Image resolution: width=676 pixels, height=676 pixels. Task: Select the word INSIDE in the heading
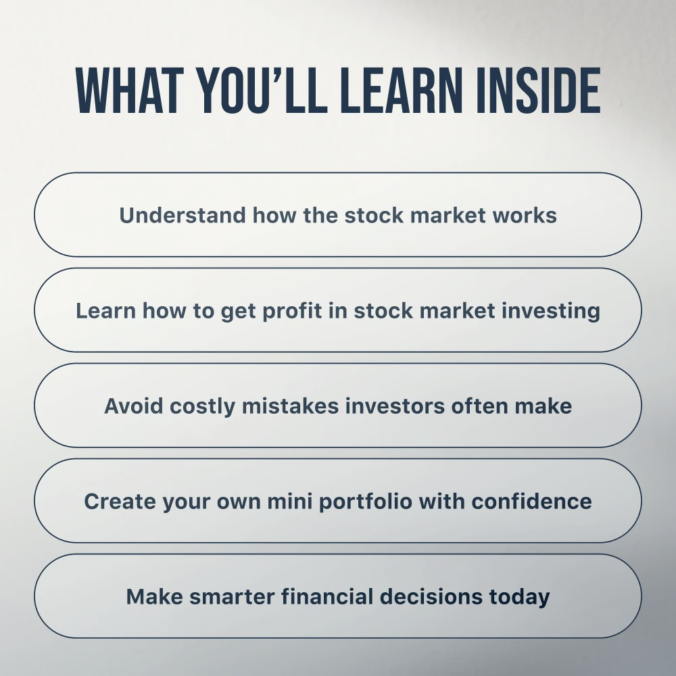pos(539,91)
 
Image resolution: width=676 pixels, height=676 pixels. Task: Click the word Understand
pos(183,215)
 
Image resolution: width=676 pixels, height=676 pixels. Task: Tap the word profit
pos(292,311)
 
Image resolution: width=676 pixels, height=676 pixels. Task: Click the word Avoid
pos(134,406)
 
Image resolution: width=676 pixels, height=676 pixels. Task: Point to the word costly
pos(202,406)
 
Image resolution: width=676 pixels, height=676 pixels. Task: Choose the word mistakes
pos(290,406)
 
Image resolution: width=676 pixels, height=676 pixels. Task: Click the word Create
pos(120,502)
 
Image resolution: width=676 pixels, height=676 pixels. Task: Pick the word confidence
pos(531,502)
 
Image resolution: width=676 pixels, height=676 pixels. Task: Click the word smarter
pos(232,597)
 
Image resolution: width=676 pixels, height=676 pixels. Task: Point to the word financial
pos(327,597)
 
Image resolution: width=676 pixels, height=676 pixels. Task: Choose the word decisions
pos(431,597)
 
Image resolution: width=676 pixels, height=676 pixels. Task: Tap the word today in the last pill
pos(519,598)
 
